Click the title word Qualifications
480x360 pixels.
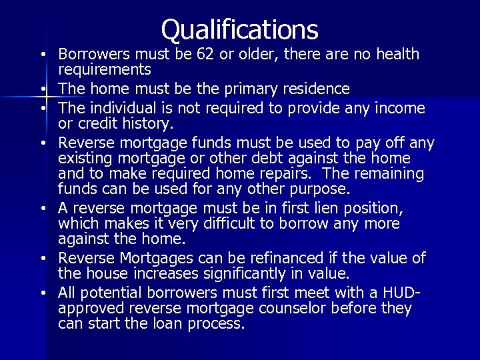click(240, 29)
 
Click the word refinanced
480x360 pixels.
click(273, 258)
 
